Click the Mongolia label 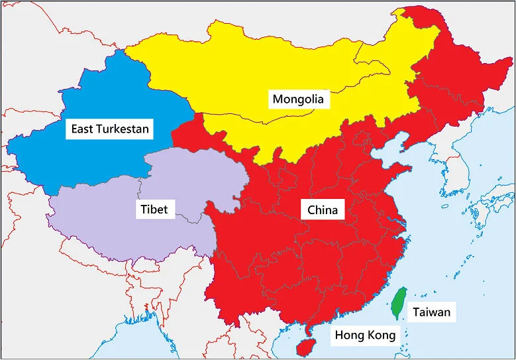click(298, 99)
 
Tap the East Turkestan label click(111, 128)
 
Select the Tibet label click(154, 210)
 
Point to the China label click(323, 210)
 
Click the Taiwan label click(431, 312)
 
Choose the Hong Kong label click(364, 335)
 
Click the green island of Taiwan click(398, 302)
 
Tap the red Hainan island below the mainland click(304, 346)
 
